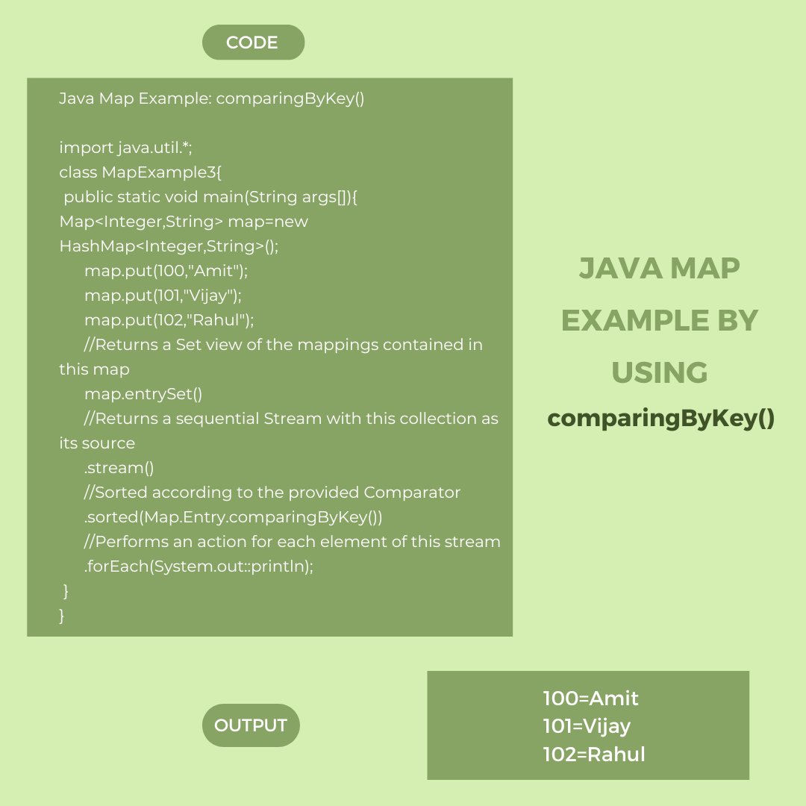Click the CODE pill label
[252, 43]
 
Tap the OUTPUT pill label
[251, 725]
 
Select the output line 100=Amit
[590, 699]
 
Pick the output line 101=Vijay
[587, 726]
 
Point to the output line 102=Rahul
[594, 755]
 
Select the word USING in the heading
[660, 372]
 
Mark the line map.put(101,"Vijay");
[163, 296]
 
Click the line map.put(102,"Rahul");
[169, 320]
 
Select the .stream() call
[119, 468]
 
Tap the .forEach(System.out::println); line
[199, 566]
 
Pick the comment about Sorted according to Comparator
[272, 493]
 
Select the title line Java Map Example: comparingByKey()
[212, 99]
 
